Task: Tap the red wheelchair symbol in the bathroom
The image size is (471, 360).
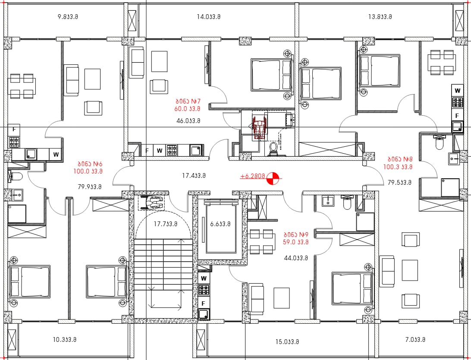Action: pyautogui.click(x=259, y=128)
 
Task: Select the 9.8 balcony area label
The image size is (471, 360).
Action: pyautogui.click(x=68, y=16)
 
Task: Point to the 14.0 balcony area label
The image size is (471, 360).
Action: pyautogui.click(x=208, y=16)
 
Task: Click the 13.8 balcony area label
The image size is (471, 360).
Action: pyautogui.click(x=380, y=16)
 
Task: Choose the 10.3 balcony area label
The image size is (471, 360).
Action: pyautogui.click(x=65, y=340)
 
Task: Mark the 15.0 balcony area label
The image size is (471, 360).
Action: pyautogui.click(x=287, y=342)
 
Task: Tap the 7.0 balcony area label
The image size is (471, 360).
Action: pyautogui.click(x=415, y=340)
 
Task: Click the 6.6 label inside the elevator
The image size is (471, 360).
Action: pyautogui.click(x=220, y=224)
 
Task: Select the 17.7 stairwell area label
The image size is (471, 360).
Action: pyautogui.click(x=166, y=224)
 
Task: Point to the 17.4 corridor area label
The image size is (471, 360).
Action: pyautogui.click(x=194, y=175)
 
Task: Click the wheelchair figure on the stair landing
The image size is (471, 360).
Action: pyautogui.click(x=151, y=202)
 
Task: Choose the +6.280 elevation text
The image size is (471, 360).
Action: pyautogui.click(x=252, y=176)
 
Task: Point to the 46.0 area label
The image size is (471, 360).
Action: pyautogui.click(x=188, y=121)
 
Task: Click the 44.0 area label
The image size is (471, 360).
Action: pyautogui.click(x=296, y=258)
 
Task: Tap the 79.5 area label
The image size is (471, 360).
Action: pyautogui.click(x=399, y=183)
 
